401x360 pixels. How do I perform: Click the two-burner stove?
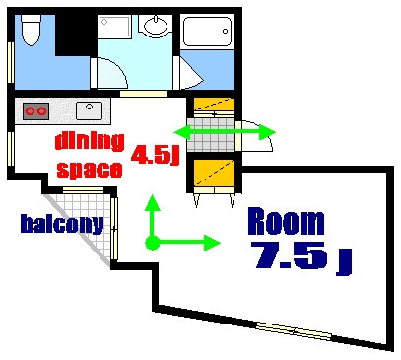coord(35,109)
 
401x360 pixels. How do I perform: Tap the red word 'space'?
coord(89,169)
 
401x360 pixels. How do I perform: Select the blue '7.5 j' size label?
coord(301,256)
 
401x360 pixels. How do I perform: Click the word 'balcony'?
coord(62,223)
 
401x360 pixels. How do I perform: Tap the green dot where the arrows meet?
coord(151,242)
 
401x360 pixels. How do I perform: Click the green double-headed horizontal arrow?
coord(225,132)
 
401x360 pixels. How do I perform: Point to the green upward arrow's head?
coord(151,202)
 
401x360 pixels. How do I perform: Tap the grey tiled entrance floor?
coord(211,139)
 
